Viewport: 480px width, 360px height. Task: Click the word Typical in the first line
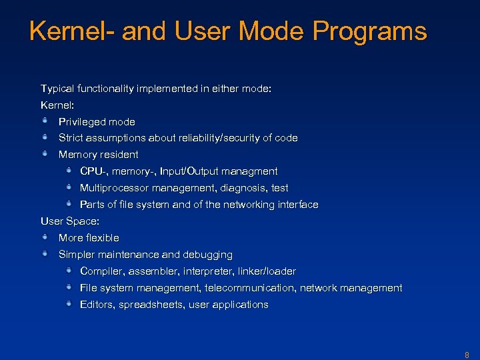pyautogui.click(x=59, y=88)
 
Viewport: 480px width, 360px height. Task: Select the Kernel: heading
pyautogui.click(x=56, y=105)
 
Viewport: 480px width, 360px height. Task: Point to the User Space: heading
pyautogui.click(x=69, y=221)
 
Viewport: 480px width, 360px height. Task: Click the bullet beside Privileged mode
pyautogui.click(x=45, y=121)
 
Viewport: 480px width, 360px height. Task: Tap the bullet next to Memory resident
pyautogui.click(x=45, y=153)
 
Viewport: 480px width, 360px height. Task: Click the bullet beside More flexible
pyautogui.click(x=45, y=237)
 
